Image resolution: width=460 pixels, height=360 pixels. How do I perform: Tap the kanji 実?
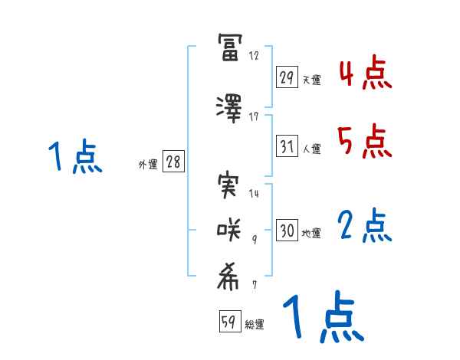tap(230, 185)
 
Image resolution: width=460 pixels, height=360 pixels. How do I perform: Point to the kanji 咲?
tap(230, 230)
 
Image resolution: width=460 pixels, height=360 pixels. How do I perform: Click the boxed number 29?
tap(287, 78)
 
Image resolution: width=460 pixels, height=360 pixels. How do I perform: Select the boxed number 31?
tap(287, 147)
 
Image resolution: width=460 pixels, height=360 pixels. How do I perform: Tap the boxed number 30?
tap(287, 231)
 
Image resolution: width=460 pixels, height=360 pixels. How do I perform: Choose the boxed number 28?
tap(173, 162)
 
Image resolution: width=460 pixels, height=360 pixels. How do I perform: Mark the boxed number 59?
tap(229, 322)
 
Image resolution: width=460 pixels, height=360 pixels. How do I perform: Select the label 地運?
tap(311, 233)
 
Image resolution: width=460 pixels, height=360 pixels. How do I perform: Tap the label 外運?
tap(147, 165)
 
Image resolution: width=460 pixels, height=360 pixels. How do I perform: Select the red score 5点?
tap(365, 141)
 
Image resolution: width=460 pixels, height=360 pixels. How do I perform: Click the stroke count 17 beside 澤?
tap(254, 116)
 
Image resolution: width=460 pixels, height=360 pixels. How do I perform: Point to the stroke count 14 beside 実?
tap(254, 194)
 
